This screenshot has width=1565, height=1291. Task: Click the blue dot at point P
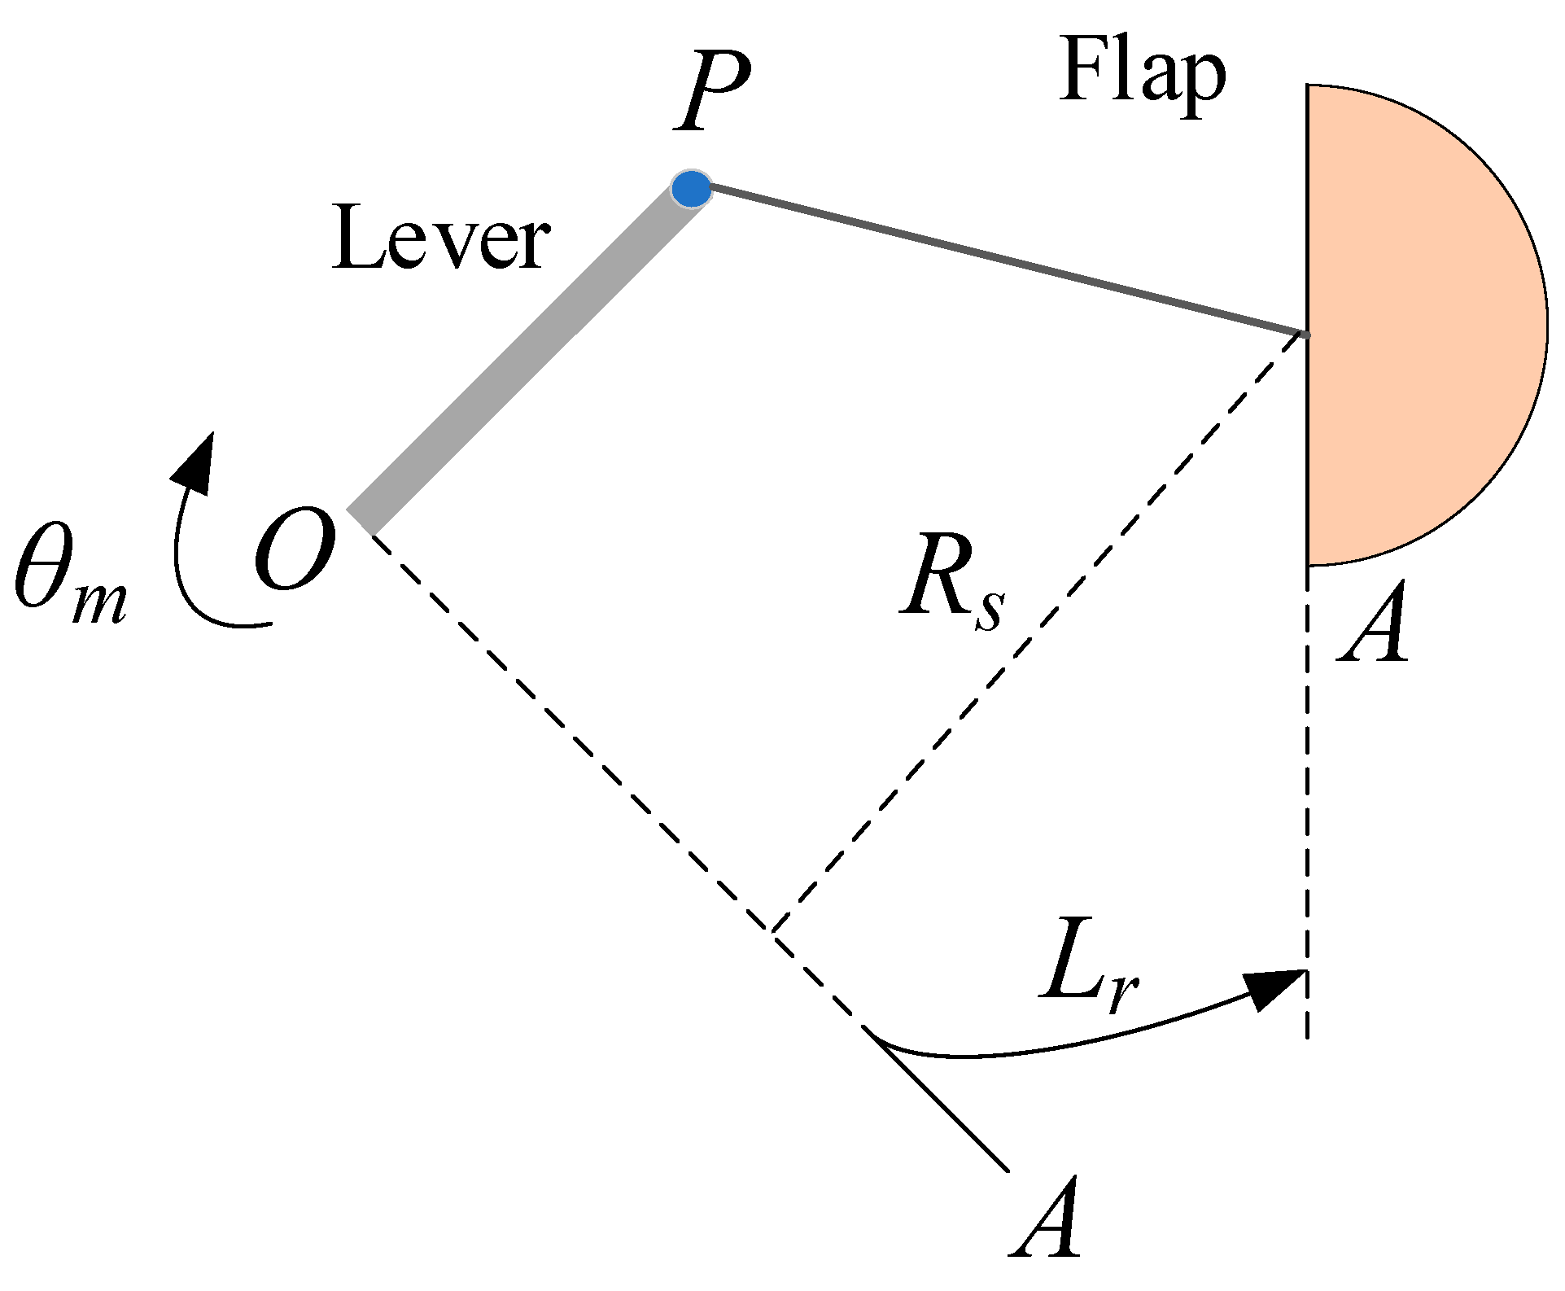(691, 188)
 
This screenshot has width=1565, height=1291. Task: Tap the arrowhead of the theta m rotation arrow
(195, 462)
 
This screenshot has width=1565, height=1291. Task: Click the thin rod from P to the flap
(1001, 260)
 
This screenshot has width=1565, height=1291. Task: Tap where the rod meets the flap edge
(1305, 334)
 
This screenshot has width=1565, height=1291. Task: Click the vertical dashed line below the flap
(1307, 814)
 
